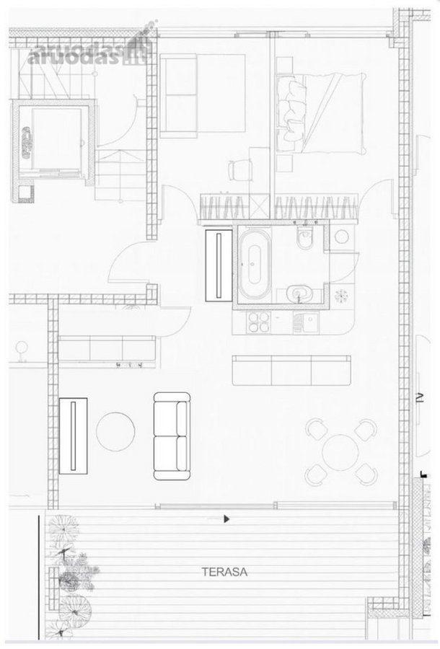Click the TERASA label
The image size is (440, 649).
click(224, 572)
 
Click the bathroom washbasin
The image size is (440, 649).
click(299, 294)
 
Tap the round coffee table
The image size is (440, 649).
click(115, 431)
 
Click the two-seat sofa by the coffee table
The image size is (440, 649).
click(172, 436)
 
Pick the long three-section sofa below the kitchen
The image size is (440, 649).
click(291, 370)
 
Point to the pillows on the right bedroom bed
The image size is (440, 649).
click(291, 108)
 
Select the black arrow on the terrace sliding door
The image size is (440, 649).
click(226, 518)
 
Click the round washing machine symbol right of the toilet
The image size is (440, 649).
click(341, 237)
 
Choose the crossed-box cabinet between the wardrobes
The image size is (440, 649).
click(261, 206)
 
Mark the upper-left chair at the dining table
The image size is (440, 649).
click(317, 429)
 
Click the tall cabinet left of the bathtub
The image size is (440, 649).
click(219, 265)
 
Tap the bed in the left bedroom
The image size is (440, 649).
click(203, 96)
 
